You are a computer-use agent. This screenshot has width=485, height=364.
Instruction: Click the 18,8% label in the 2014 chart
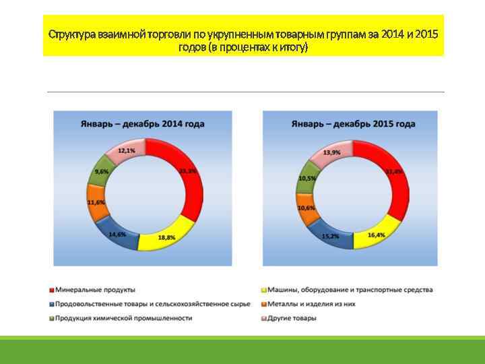click(x=166, y=238)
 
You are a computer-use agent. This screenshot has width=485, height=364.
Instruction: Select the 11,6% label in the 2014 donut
click(x=96, y=202)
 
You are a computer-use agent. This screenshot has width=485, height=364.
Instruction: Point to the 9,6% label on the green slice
click(x=102, y=172)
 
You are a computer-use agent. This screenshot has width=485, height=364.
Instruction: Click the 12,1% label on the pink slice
click(x=126, y=151)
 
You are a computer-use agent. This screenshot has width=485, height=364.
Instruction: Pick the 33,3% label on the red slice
click(x=188, y=171)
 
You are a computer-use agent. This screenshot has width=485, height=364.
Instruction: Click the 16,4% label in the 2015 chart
click(x=377, y=235)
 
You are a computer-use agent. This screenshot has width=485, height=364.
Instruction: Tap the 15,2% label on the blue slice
click(x=330, y=237)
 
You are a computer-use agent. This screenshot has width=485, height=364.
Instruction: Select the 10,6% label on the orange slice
click(x=306, y=208)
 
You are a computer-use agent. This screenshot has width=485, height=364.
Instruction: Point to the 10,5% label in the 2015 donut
click(x=307, y=178)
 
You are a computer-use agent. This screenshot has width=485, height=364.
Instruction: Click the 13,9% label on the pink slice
click(x=331, y=153)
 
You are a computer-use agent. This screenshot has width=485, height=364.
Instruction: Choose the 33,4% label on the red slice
click(x=394, y=172)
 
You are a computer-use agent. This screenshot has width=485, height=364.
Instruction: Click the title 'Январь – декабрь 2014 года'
click(x=142, y=124)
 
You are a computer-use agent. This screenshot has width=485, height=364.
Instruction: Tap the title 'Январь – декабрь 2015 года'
click(x=353, y=124)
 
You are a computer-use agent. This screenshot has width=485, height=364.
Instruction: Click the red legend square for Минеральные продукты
click(x=52, y=290)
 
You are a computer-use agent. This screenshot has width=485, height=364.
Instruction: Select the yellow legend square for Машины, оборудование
click(x=263, y=290)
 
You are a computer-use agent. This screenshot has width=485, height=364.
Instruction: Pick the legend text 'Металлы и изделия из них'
click(x=311, y=304)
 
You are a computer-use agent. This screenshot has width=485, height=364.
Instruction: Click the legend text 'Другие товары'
click(x=292, y=318)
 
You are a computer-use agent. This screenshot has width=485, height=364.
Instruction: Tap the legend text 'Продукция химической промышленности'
click(x=124, y=318)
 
